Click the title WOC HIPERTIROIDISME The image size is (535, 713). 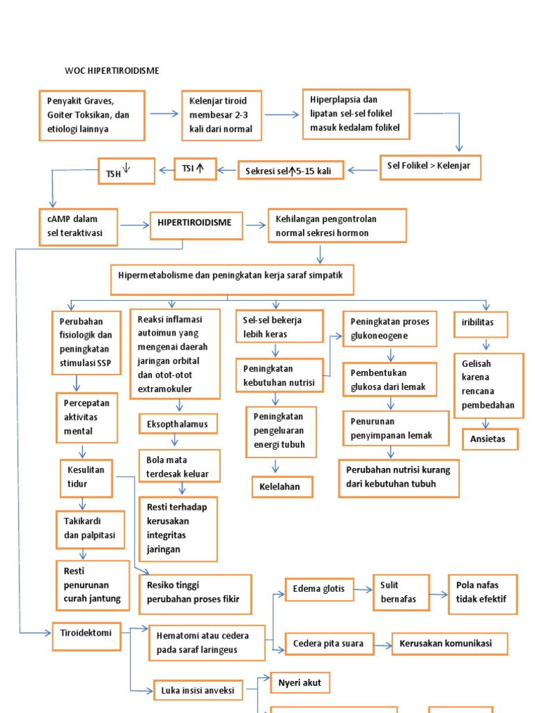coord(111,71)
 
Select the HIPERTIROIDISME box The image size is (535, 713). coord(201,224)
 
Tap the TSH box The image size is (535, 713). coord(126,171)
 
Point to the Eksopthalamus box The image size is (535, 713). coord(178,424)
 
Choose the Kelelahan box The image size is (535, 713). coord(281,487)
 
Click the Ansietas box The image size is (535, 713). coord(490,439)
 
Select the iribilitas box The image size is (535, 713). coord(481,324)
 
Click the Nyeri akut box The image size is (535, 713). coord(300,683)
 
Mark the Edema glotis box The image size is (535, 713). coord(320,589)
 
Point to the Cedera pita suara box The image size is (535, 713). coord(329,644)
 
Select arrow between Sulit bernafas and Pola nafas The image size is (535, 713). coord(438,594)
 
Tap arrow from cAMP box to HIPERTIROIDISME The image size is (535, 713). coord(134,225)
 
